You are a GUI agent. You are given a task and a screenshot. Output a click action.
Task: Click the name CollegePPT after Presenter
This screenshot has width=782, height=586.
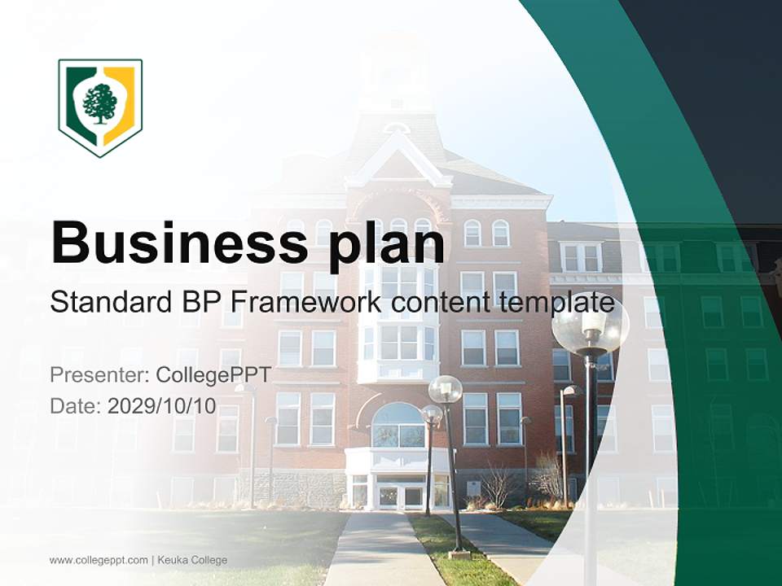(x=213, y=375)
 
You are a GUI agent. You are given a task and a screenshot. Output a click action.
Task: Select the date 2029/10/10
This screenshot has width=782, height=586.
(x=161, y=406)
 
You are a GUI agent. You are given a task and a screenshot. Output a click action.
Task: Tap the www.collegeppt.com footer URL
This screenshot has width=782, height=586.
(x=99, y=560)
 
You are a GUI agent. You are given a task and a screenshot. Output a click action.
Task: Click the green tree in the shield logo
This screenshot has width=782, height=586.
(x=100, y=103)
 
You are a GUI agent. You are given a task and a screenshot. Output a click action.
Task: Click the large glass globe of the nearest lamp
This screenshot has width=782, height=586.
(x=590, y=324)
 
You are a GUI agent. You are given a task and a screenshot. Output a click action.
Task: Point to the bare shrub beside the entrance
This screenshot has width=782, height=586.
(x=499, y=486)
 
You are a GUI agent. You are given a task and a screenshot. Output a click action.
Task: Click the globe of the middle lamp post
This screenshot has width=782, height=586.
(x=446, y=389)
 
